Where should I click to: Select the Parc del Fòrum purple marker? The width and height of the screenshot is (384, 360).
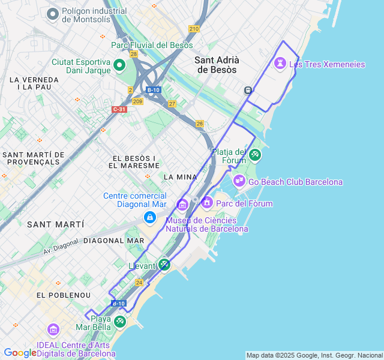(x=207, y=203)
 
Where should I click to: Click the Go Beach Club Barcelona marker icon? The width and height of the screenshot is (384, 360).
(x=239, y=181)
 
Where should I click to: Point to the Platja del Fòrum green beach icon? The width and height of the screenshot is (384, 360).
(x=255, y=155)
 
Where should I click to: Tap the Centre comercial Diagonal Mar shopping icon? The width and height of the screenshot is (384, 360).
(x=149, y=217)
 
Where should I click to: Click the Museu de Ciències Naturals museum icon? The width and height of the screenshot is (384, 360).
(x=182, y=206)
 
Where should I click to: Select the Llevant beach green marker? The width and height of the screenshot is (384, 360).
(x=164, y=264)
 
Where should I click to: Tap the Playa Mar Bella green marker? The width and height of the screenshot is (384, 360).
(x=120, y=322)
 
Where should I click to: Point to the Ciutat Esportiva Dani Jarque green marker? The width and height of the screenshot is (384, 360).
(x=119, y=65)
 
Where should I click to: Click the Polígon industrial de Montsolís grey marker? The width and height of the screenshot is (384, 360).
(x=53, y=14)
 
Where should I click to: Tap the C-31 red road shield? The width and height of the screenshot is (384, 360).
(x=119, y=109)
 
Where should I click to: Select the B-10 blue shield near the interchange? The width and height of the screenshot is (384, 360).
(x=153, y=90)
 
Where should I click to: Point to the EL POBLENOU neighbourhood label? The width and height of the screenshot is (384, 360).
(x=64, y=295)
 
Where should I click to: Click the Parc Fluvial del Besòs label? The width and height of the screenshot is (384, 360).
(x=152, y=45)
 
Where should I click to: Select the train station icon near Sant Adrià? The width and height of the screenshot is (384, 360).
(x=247, y=90)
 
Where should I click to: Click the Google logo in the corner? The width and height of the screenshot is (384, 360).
(x=20, y=353)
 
